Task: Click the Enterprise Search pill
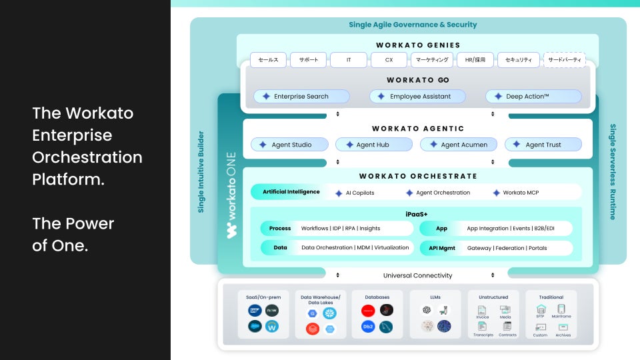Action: (301, 97)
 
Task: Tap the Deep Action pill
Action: (533, 97)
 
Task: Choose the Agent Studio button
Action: (290, 145)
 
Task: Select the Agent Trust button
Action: (543, 145)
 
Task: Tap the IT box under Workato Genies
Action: (349, 60)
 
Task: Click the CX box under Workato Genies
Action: (390, 60)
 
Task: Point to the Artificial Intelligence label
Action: (291, 192)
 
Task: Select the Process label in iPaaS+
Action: (280, 229)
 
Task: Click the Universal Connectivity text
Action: (417, 275)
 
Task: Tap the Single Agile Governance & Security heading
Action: (413, 25)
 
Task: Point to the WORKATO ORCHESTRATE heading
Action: (418, 177)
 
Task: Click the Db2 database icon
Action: (368, 327)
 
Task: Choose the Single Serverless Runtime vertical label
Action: (613, 171)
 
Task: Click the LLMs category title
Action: (435, 297)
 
